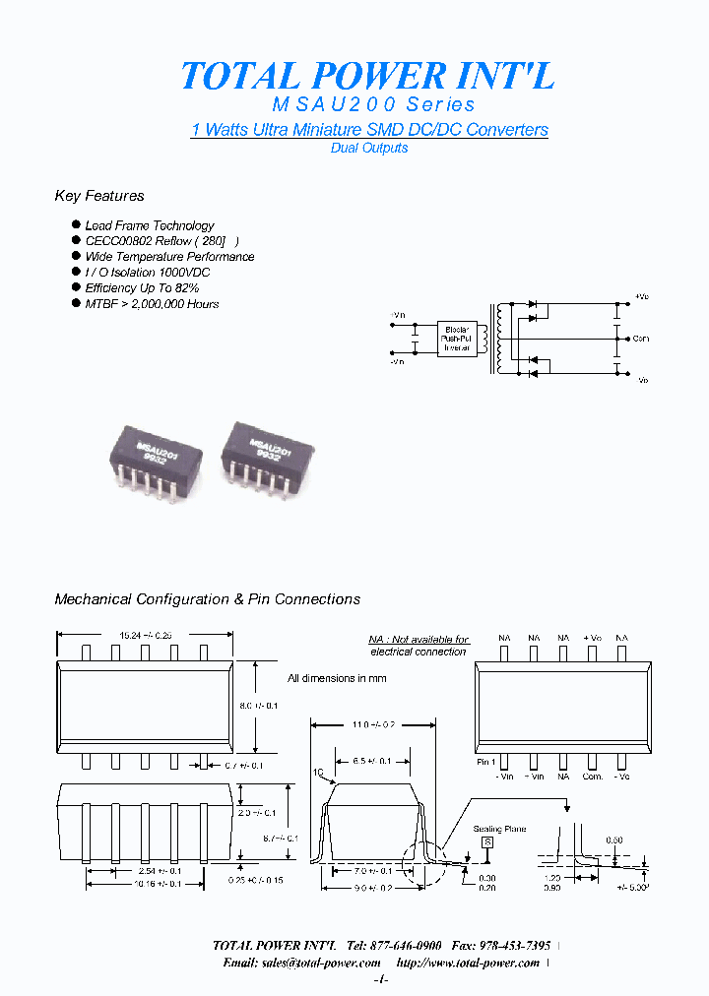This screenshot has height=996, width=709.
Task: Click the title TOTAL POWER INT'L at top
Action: [x=368, y=75]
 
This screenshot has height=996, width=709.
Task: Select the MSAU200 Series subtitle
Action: [x=373, y=104]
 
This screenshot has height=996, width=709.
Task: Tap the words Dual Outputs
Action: [x=368, y=148]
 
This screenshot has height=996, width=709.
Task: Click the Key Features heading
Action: [x=99, y=196]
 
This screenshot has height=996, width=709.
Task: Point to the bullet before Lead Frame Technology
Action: [x=76, y=225]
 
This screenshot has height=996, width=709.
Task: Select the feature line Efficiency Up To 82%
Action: [x=142, y=288]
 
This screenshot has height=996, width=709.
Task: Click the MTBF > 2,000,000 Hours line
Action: [x=152, y=304]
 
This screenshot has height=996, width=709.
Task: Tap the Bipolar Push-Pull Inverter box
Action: [x=457, y=338]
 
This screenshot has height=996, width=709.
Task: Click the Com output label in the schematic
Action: [x=641, y=339]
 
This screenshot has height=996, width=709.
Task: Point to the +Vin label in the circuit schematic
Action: [x=398, y=315]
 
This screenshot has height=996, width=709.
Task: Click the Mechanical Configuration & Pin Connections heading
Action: [x=207, y=599]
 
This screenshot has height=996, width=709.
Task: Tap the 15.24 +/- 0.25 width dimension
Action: [x=145, y=635]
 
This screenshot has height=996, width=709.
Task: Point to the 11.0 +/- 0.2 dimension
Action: [x=373, y=724]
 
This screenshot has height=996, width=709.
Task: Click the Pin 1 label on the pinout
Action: [x=485, y=762]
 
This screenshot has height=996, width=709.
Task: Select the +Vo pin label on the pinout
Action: [x=592, y=639]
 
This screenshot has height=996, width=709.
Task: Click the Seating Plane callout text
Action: [x=499, y=830]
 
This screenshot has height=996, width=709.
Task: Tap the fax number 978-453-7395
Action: [x=511, y=945]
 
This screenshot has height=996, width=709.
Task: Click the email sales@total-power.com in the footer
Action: [x=301, y=963]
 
